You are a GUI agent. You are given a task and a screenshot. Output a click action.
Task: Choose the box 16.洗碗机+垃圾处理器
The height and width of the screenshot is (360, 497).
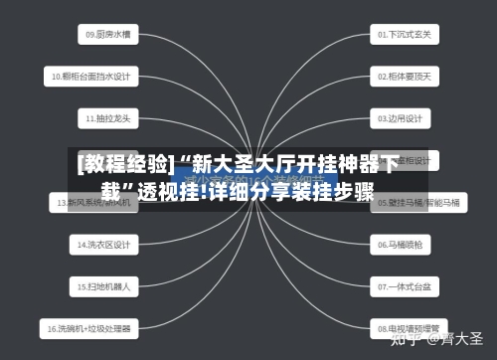90,327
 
